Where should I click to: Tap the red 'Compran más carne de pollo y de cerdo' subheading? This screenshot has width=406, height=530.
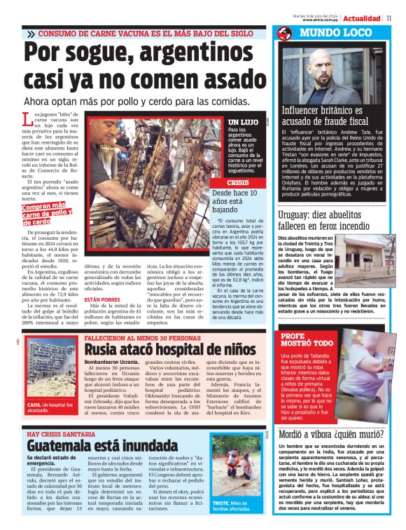tap(47, 212)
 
